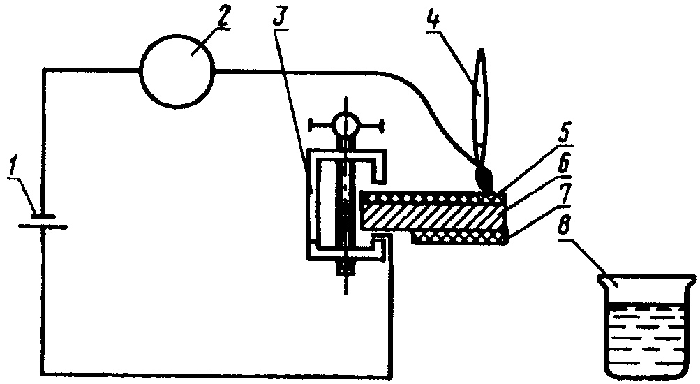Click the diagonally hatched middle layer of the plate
coord(433,218)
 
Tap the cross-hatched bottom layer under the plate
coord(461,238)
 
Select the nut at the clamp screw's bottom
coord(345,267)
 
